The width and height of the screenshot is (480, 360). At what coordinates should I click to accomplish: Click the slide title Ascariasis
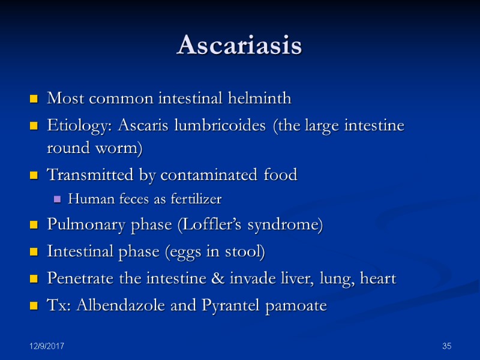point(239,46)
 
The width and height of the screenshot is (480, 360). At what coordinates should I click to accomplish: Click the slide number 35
point(446,347)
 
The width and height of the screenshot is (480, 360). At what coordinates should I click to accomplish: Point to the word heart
point(379,279)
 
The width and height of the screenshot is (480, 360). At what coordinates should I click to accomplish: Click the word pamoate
point(296,305)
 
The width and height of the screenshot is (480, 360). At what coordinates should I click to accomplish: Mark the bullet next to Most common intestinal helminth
point(34,98)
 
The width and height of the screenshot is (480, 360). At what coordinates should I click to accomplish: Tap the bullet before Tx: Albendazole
point(34,306)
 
